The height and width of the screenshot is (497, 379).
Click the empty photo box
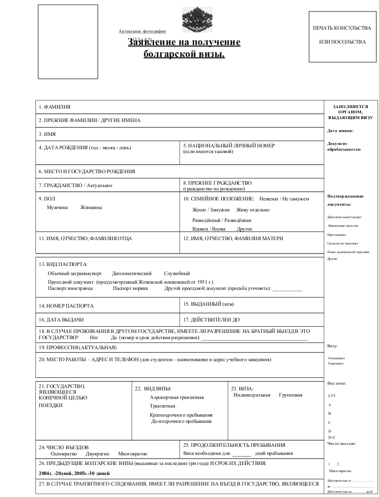click(68, 42)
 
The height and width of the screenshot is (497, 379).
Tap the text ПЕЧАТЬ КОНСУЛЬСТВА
click(342, 29)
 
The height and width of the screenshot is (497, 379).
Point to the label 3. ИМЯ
click(47, 134)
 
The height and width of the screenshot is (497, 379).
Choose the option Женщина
click(91, 208)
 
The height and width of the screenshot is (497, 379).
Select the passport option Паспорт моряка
click(132, 288)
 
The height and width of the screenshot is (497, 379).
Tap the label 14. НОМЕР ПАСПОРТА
click(66, 306)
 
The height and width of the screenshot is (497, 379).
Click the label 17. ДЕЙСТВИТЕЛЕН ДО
click(212, 319)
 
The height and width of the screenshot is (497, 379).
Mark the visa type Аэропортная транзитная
click(177, 397)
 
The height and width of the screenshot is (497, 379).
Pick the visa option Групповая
click(290, 395)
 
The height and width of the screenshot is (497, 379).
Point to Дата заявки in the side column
click(340, 130)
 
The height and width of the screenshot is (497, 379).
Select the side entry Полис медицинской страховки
click(348, 252)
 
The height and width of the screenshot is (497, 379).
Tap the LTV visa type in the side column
click(332, 396)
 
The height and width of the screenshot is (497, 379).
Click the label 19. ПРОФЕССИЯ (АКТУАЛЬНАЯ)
click(78, 347)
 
